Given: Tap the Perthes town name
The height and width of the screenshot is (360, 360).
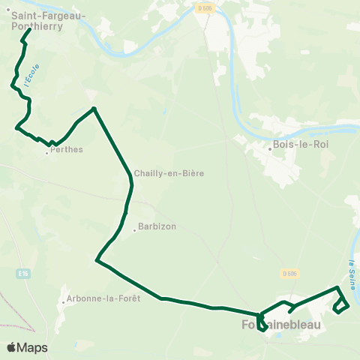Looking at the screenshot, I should [67, 149].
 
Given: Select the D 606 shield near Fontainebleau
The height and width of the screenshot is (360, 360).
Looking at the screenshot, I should [292, 273].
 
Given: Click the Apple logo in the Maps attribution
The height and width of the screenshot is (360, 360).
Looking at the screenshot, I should [12, 348].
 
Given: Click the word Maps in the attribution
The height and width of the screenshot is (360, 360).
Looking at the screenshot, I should [32, 348].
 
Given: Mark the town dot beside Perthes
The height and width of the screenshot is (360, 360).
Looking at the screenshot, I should [46, 154].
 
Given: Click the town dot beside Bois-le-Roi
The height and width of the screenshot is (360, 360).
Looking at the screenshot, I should [270, 148].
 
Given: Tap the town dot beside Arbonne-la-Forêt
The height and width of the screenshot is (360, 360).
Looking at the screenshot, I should [64, 303].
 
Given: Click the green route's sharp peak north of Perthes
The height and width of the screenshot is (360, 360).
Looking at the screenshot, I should [94, 108].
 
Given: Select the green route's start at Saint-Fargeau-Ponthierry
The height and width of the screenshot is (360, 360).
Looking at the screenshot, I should [28, 31].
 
